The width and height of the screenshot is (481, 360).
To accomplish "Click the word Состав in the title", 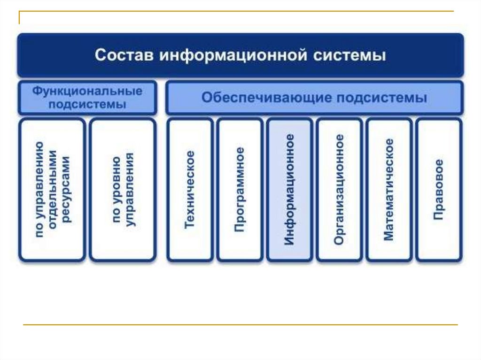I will tap(124, 55).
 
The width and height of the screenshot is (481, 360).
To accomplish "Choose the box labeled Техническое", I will tap(190, 190).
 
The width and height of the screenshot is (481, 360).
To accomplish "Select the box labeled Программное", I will tap(240, 190).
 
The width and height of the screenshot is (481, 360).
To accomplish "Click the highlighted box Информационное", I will tap(289, 190).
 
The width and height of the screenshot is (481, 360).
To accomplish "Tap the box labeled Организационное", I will tap(339, 190).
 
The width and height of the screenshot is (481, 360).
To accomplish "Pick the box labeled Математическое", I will tap(389, 190).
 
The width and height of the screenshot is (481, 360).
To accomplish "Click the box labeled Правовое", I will tap(439, 190).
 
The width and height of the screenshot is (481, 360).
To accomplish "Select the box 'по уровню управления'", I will tap(122, 190).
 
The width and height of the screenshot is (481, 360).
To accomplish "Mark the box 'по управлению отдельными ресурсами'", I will tap(52, 190).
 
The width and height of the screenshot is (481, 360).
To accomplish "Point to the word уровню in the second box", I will tap(116, 190).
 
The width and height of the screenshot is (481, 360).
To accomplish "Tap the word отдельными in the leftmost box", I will tap(53, 190).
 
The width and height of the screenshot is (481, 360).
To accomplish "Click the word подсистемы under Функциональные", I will tap(87, 104).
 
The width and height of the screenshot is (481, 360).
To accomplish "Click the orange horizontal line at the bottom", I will tap(240, 324).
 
